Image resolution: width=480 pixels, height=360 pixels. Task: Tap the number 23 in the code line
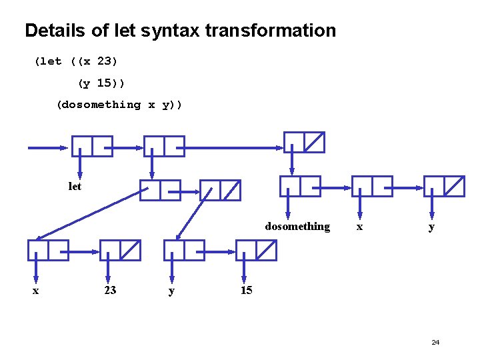click(107, 61)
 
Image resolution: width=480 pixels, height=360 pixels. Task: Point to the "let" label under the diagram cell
click(75, 187)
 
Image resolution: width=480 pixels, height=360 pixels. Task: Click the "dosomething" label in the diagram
click(297, 227)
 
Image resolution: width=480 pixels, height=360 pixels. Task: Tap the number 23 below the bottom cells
click(110, 290)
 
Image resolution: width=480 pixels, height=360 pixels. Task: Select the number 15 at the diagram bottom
click(246, 290)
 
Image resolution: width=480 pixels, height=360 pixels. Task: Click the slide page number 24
click(435, 342)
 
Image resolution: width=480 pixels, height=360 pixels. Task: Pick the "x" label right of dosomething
click(359, 227)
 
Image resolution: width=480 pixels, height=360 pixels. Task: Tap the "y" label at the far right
click(432, 227)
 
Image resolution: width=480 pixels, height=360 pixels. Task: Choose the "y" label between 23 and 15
click(171, 291)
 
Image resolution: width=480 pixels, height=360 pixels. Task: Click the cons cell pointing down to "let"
click(92, 146)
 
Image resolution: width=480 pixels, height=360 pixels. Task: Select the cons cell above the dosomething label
click(300, 186)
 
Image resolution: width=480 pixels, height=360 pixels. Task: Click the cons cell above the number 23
click(120, 250)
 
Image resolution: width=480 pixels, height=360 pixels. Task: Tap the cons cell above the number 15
click(256, 250)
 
